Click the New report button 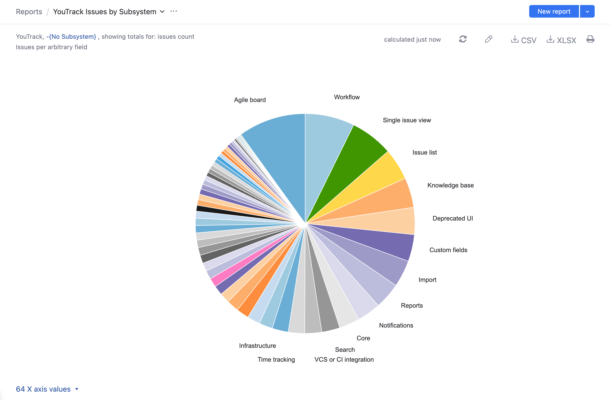tap(553, 12)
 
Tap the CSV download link tap(524, 40)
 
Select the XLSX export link tap(561, 40)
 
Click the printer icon tap(590, 39)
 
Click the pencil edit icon tap(489, 39)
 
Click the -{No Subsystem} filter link tap(71, 36)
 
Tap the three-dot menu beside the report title tap(173, 11)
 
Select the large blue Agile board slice tap(280, 154)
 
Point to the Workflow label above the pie tap(347, 97)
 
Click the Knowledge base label tap(450, 185)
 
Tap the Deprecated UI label tap(452, 218)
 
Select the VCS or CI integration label tap(344, 359)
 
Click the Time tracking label tap(276, 359)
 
